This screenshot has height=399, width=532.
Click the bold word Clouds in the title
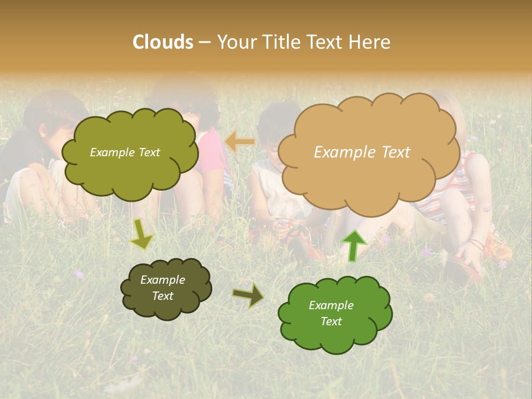[163, 42]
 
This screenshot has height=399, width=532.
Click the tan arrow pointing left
[240, 142]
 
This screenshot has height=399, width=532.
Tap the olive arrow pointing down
[141, 234]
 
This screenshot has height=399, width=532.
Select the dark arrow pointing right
[248, 295]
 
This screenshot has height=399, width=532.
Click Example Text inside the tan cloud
[362, 152]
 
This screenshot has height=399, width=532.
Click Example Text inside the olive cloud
[125, 152]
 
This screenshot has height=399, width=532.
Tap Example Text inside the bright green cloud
[331, 313]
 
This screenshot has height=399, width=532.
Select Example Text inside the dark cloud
[162, 288]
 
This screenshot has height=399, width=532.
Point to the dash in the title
[204, 43]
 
